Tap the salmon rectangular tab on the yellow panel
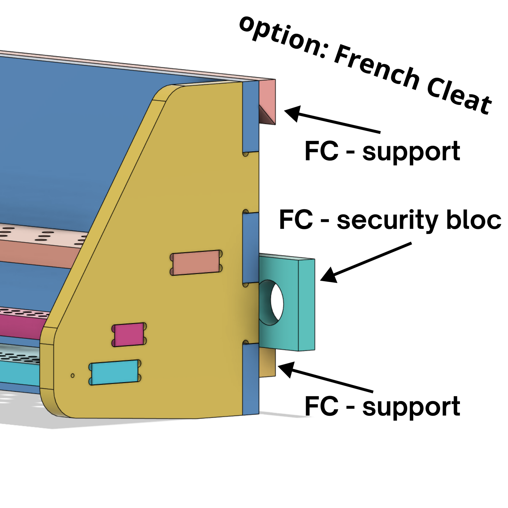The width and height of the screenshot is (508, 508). (196, 262)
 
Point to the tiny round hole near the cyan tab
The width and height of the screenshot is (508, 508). (73, 375)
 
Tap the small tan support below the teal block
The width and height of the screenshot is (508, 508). (267, 363)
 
